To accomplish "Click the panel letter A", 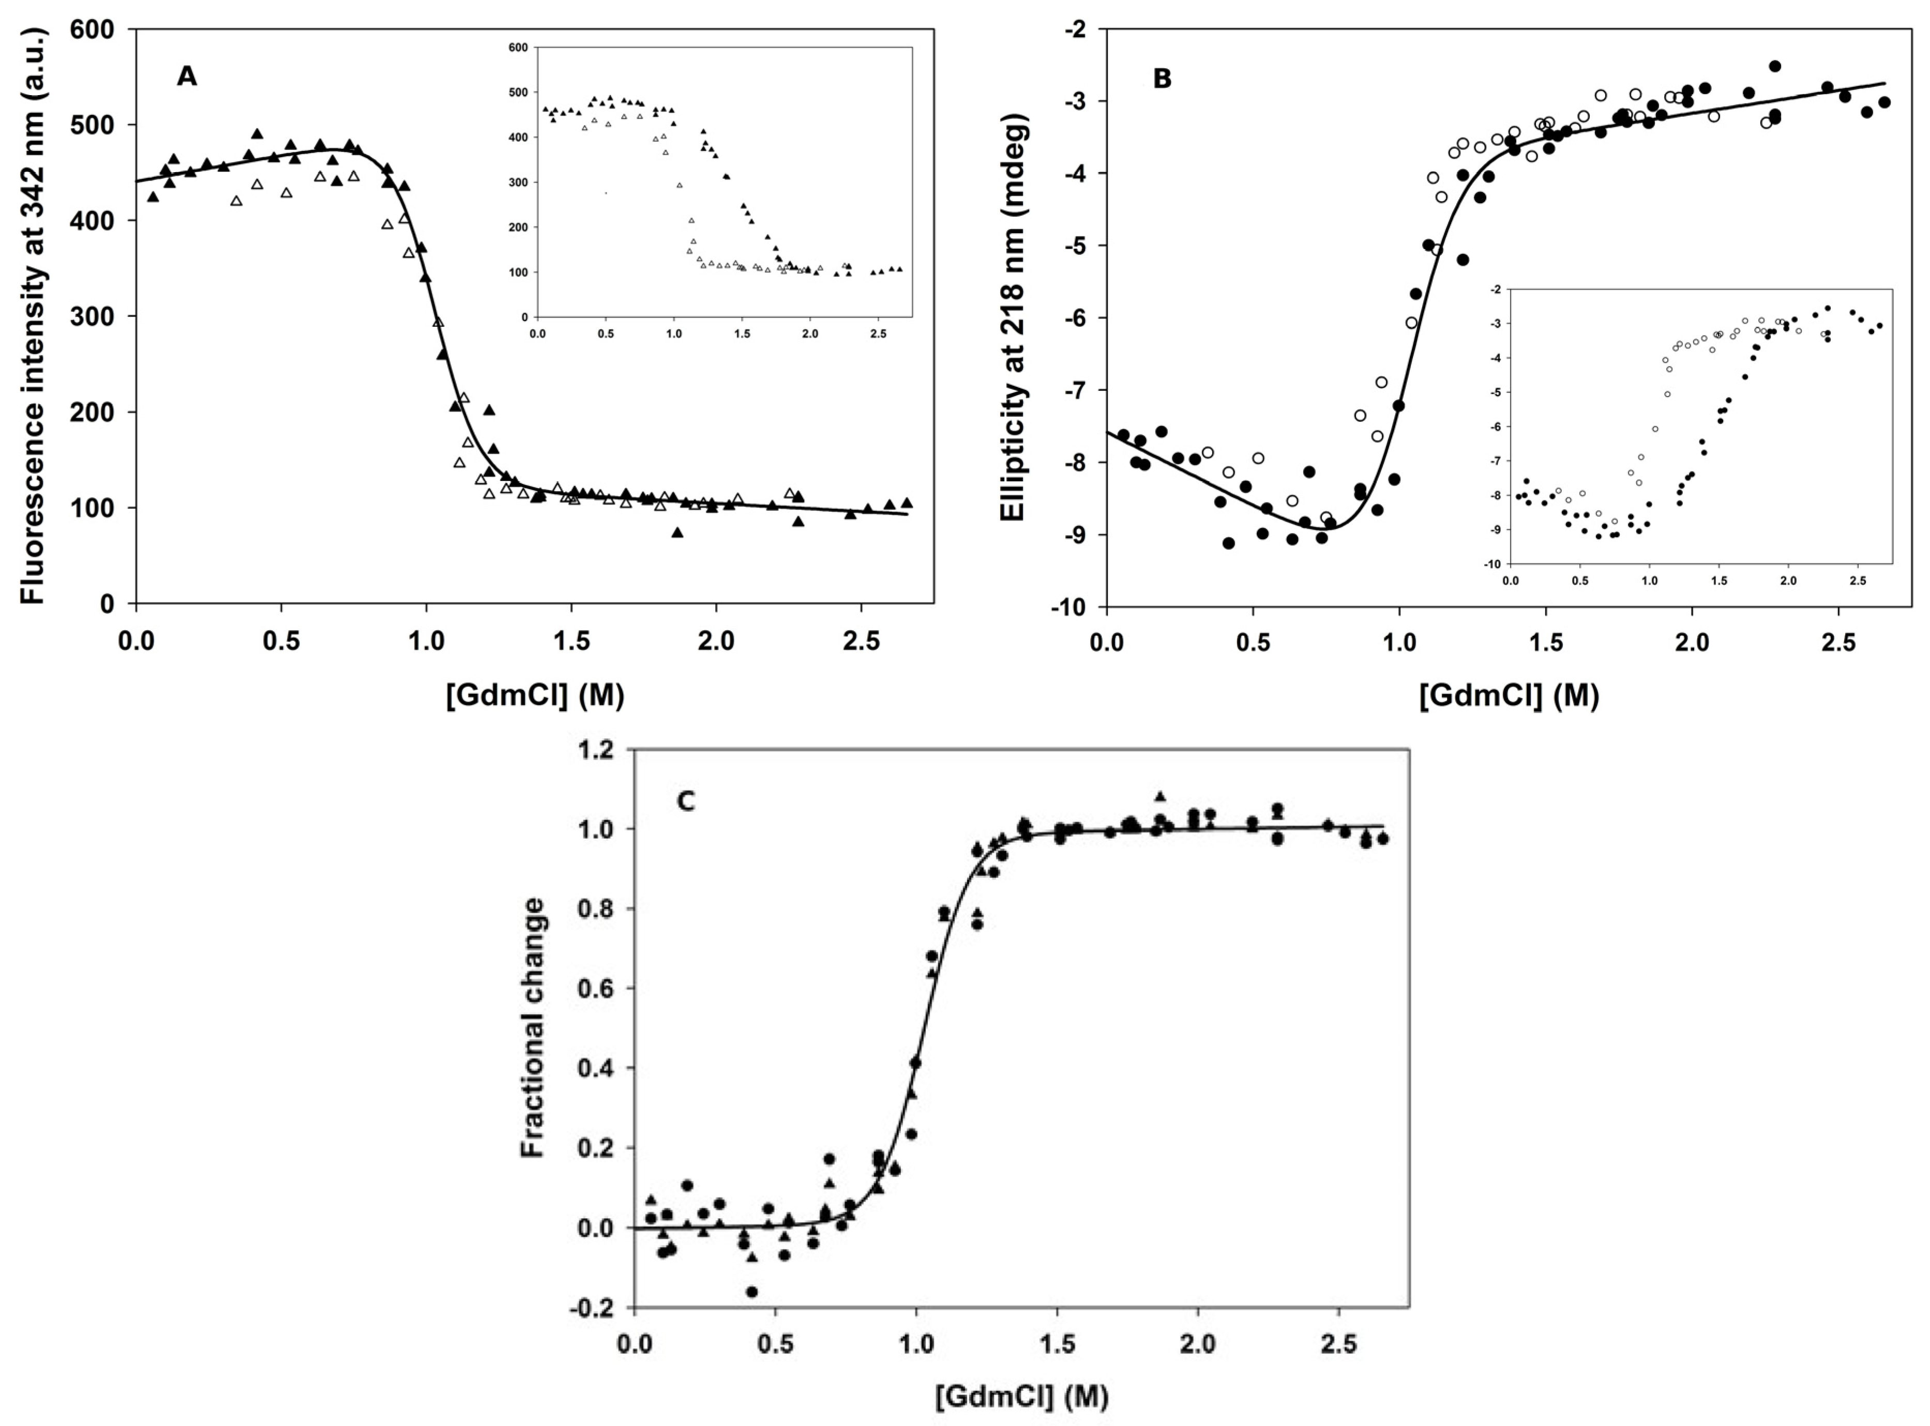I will pos(187,78).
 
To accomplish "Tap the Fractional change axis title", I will pos(533,1027).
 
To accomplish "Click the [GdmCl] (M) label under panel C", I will pos(1021,1396).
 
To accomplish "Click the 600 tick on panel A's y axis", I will pos(95,30).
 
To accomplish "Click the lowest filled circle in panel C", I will pos(752,1292).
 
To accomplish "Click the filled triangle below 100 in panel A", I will pos(677,532).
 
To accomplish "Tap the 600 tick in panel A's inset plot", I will pos(518,48).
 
